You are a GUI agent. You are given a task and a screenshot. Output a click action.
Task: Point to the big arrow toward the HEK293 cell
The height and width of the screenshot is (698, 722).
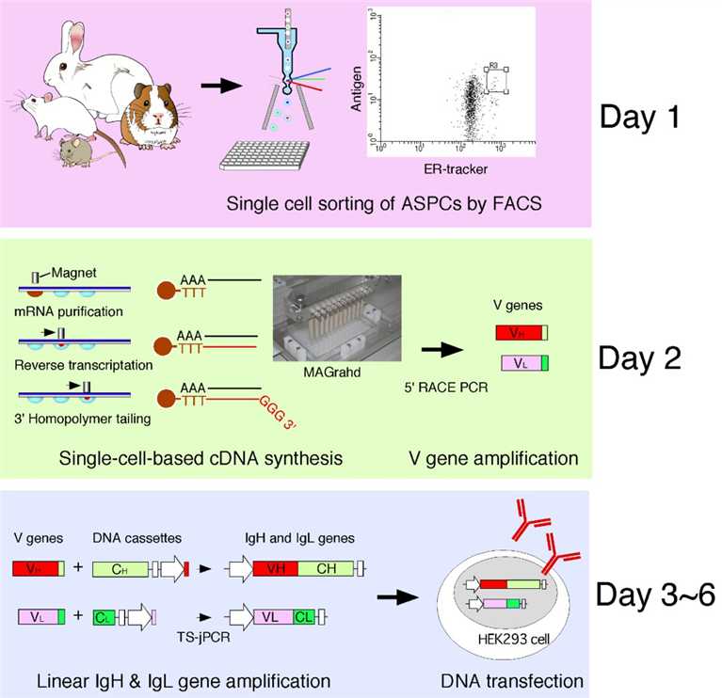[x=397, y=594]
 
